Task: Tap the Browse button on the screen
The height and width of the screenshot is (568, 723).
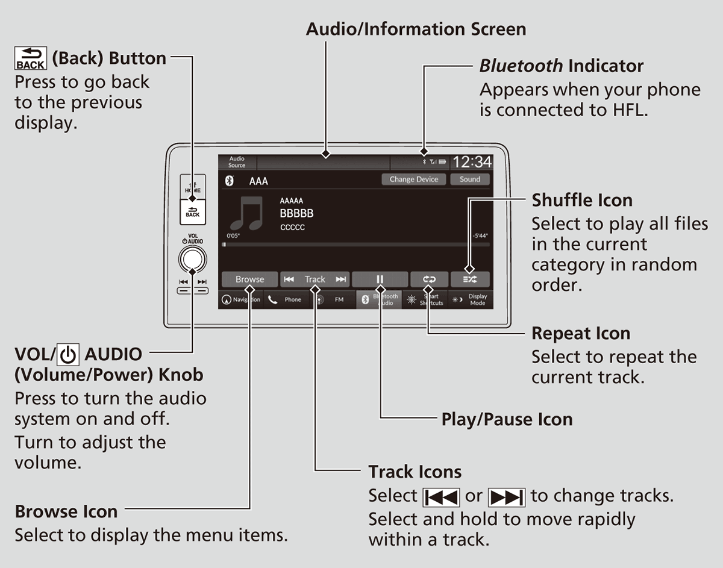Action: [x=249, y=279]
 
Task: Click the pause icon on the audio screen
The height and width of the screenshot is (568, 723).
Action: [x=380, y=279]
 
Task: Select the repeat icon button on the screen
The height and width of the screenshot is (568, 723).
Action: [x=429, y=279]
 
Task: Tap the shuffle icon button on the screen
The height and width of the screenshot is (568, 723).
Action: [x=470, y=279]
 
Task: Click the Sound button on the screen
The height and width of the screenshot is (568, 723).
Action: [x=469, y=179]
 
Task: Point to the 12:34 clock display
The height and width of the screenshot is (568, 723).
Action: [x=472, y=162]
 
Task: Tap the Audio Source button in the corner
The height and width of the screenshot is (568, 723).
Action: [x=237, y=162]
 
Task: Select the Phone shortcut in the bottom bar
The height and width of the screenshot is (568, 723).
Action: [x=287, y=299]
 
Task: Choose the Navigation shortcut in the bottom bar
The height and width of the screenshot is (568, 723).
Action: [x=241, y=299]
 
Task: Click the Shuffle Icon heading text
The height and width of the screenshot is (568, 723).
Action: [x=581, y=200]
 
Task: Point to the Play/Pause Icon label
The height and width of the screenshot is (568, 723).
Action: [x=507, y=419]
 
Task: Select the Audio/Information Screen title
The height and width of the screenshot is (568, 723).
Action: [x=416, y=29]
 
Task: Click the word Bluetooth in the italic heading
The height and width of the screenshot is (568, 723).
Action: [x=521, y=66]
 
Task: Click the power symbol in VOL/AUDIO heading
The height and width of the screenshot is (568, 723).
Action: [x=69, y=355]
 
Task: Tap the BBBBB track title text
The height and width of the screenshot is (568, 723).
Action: [x=296, y=214]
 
